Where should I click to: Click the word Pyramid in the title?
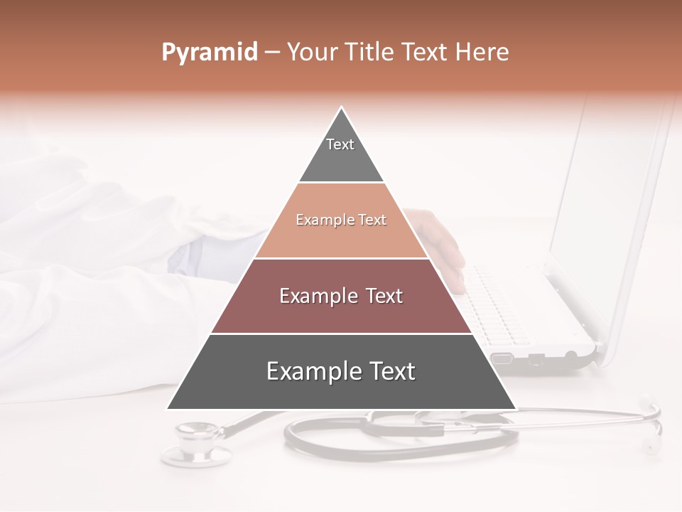pyautogui.click(x=209, y=53)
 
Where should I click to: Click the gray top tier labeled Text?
pyautogui.click(x=341, y=153)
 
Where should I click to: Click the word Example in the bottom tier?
pyautogui.click(x=307, y=372)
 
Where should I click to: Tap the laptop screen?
pyautogui.click(x=611, y=213)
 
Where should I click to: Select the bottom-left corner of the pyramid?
pyautogui.click(x=168, y=409)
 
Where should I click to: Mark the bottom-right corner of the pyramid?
pyautogui.click(x=516, y=409)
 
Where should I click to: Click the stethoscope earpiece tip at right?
pyautogui.click(x=650, y=447)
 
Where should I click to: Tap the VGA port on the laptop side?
pyautogui.click(x=502, y=358)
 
